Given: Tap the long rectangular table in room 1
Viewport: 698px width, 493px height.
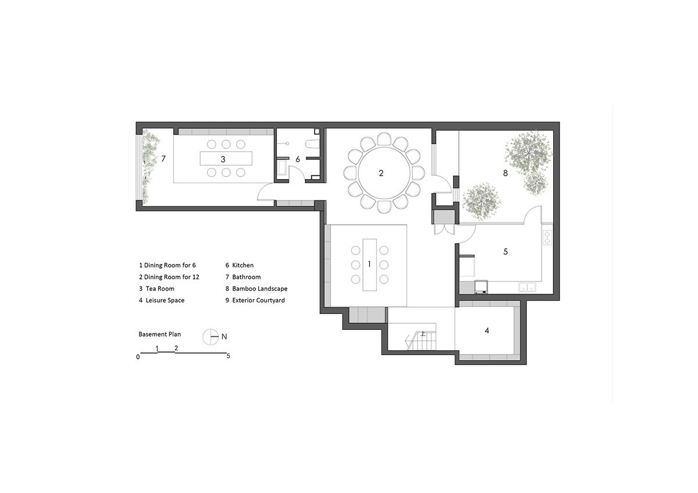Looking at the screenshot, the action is [369, 265].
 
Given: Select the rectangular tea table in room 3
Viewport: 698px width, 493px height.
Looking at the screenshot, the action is [226, 158].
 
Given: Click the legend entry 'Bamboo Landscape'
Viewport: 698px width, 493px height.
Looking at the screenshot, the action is [256, 289].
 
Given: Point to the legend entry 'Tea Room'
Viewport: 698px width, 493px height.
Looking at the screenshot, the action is [156, 289].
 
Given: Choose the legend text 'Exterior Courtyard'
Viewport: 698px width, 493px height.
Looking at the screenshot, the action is [255, 300].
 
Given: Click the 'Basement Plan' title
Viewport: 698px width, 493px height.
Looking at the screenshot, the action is [159, 334].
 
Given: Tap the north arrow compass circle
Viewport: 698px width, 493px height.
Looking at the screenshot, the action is [211, 337].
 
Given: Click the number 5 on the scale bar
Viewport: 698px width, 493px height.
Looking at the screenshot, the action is [229, 356].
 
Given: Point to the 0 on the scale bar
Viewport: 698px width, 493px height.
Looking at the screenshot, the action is [138, 357].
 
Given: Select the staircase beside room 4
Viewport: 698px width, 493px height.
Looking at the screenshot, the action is [421, 341].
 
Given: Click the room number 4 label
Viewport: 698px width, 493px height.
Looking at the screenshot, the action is [487, 330].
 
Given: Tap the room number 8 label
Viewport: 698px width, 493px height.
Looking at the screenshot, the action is [505, 173].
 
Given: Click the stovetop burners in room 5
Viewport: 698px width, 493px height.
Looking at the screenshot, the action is [547, 237].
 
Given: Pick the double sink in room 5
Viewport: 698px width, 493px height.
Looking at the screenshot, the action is [527, 287].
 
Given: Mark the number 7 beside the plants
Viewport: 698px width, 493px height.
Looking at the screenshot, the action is [163, 159].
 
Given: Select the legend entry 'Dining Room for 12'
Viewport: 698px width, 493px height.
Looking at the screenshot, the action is [169, 277].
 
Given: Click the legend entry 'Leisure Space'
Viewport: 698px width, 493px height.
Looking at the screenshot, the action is [162, 300].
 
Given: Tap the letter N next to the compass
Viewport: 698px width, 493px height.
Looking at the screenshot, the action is [224, 337].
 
